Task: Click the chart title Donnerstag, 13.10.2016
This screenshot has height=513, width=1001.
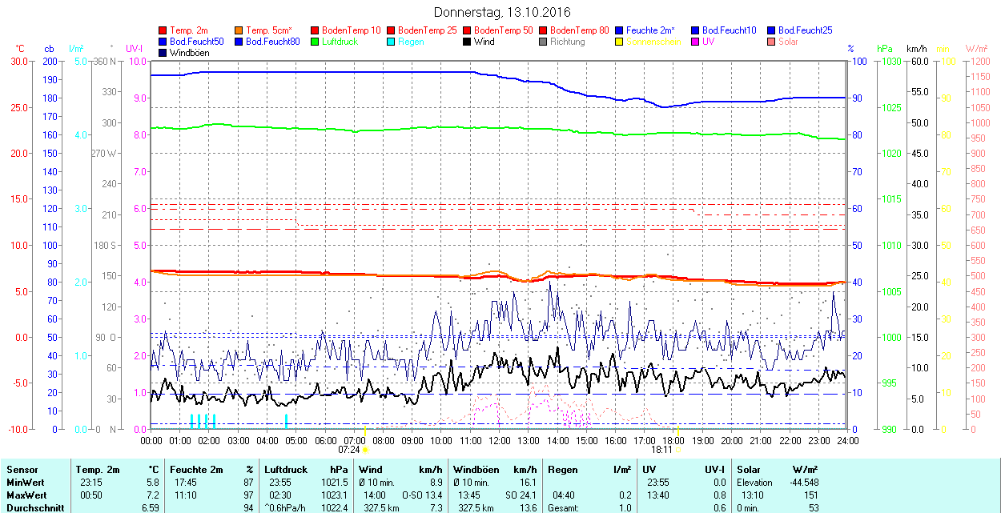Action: [x=502, y=12]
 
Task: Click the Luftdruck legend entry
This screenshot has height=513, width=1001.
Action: [x=340, y=42]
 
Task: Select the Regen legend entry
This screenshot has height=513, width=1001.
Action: [x=411, y=42]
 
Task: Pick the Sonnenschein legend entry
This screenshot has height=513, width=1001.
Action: [x=653, y=42]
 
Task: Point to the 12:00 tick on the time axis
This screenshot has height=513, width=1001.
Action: [x=500, y=440]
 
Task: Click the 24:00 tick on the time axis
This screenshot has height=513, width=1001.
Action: [x=847, y=440]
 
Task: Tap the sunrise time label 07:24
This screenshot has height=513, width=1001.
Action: [x=349, y=450]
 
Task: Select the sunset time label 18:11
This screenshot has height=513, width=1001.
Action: [x=661, y=450]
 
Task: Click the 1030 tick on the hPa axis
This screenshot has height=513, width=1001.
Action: [x=887, y=62]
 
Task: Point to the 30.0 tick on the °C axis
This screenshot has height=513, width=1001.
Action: [x=18, y=62]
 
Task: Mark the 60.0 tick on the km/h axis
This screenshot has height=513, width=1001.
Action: [x=917, y=62]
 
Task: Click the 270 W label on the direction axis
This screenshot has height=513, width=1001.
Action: [x=104, y=154]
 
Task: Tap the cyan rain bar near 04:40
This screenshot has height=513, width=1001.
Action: [x=286, y=422]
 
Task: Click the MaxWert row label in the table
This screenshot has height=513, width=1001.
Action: [x=25, y=495]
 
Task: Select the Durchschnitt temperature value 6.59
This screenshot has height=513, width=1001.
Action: [x=150, y=507]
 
